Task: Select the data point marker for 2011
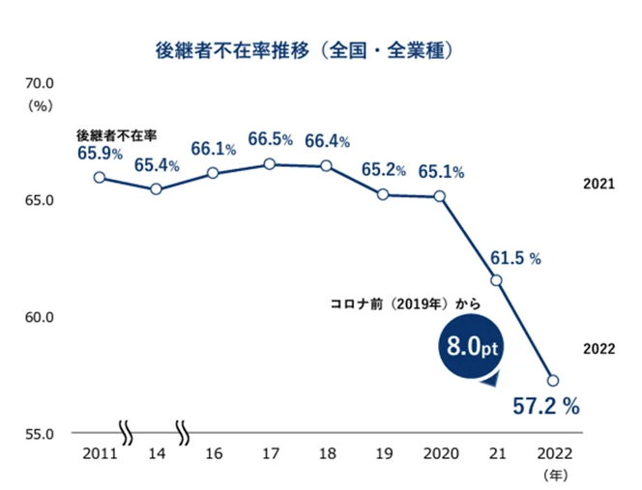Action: click(100, 177)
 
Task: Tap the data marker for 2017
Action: click(270, 164)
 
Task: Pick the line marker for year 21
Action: click(496, 280)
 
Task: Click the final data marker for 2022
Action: click(553, 380)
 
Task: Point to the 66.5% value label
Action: click(270, 140)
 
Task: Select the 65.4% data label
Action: click(157, 165)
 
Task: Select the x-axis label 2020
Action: click(440, 452)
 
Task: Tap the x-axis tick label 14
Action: click(157, 452)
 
